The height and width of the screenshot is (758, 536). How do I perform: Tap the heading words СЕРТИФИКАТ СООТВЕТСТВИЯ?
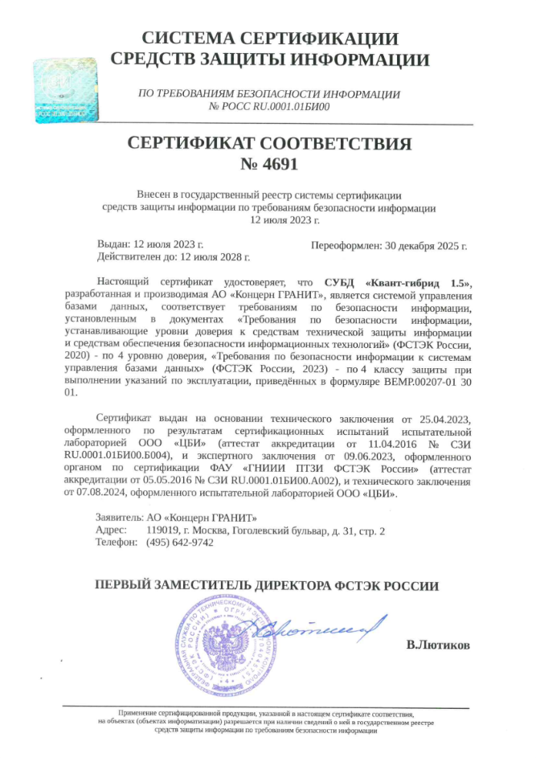point(269,144)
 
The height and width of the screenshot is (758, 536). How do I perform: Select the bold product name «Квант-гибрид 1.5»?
point(416,282)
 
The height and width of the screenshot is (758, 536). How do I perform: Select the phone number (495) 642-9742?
point(180,543)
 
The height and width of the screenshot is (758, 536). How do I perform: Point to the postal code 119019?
point(162,531)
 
